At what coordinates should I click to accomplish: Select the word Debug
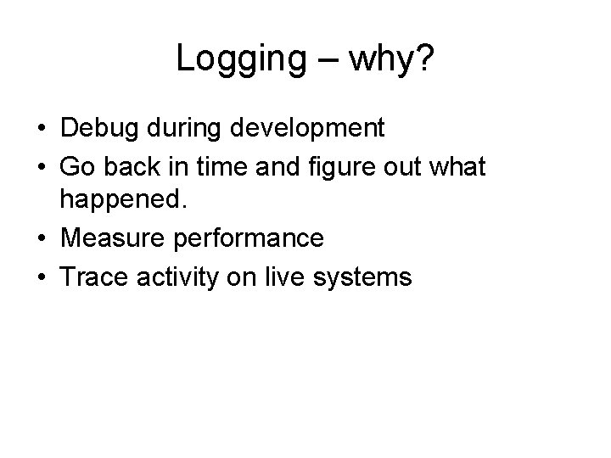tap(96, 129)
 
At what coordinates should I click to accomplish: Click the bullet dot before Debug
tap(41, 130)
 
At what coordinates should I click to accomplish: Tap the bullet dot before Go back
tap(41, 167)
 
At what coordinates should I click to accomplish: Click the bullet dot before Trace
tap(41, 277)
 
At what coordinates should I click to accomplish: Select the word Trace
tap(92, 276)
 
